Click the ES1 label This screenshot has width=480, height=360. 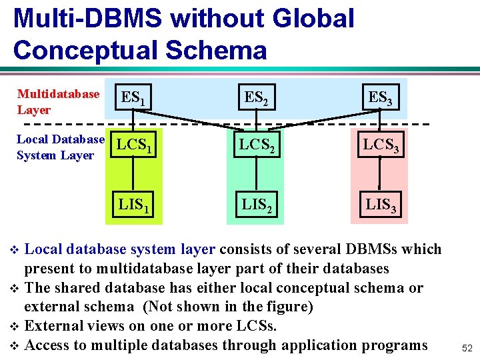tap(133, 99)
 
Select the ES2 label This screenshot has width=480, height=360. tap(255, 98)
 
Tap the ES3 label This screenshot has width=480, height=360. tap(379, 98)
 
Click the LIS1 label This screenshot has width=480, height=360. tap(135, 205)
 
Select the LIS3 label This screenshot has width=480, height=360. tap(379, 205)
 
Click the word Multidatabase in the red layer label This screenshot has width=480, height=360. tap(58, 94)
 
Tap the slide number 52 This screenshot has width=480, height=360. tap(466, 348)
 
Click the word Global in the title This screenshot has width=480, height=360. tap(314, 18)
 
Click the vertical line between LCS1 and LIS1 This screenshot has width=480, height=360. tap(135, 175)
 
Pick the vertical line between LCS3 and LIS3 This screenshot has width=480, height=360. tap(379, 175)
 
